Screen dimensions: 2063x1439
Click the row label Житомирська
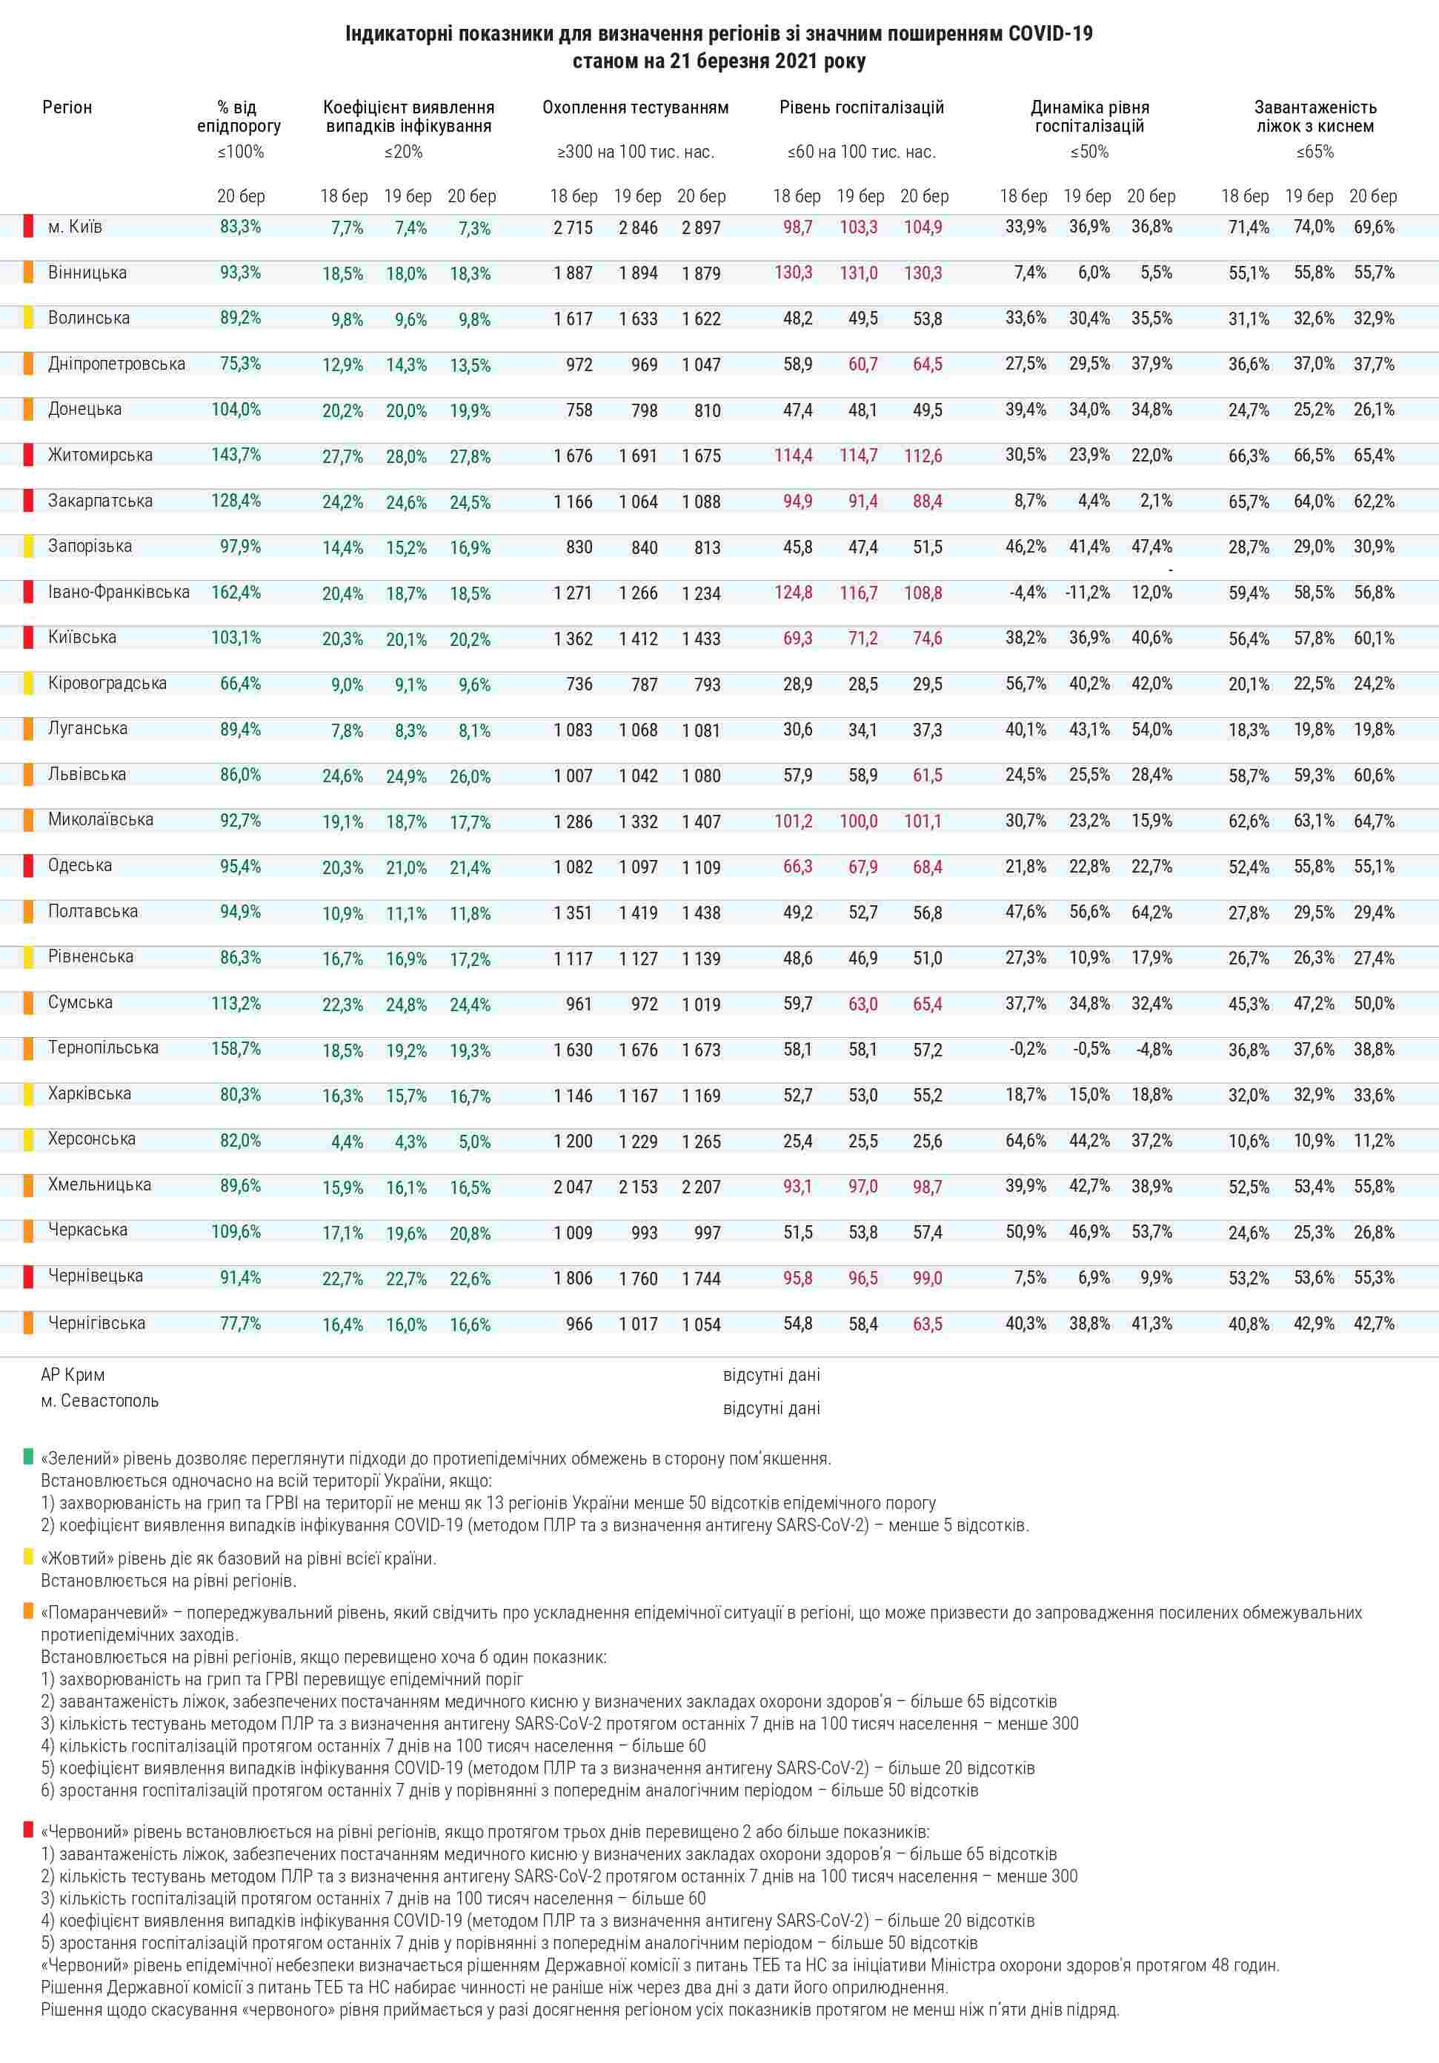click(100, 455)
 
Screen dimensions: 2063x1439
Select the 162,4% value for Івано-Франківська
click(236, 592)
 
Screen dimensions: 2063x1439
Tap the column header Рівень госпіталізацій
click(861, 108)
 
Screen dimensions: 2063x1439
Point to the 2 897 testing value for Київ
click(700, 228)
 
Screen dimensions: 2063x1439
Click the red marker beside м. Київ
click(29, 225)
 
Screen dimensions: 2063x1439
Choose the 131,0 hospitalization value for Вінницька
click(857, 273)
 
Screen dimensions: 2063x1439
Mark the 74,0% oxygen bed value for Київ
click(1313, 227)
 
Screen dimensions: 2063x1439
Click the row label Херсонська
click(92, 1139)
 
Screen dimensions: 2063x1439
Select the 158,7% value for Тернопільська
click(236, 1049)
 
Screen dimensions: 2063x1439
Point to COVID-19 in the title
click(1050, 34)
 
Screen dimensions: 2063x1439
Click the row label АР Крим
click(73, 1375)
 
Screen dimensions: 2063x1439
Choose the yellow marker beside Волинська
click(29, 317)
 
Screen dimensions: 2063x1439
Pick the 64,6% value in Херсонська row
click(1025, 1140)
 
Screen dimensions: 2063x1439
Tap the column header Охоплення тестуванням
click(634, 108)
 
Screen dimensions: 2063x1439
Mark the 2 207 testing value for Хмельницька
click(700, 1187)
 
